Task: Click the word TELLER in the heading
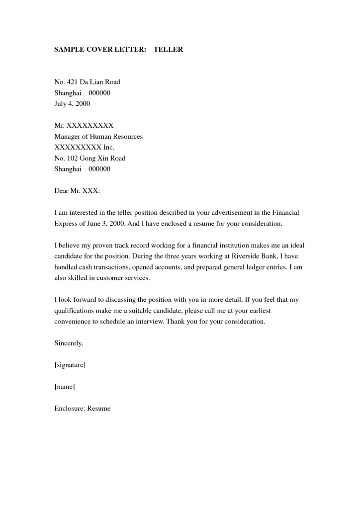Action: coord(168,50)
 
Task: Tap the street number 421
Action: coord(72,82)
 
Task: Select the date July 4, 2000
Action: coord(72,104)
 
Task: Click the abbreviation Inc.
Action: coord(108,148)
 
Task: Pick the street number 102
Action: coord(72,159)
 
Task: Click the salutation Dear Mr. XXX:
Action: coord(77,191)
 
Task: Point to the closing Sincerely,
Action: coord(69,343)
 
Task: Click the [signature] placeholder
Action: coord(70,365)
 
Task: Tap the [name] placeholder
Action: coord(65,387)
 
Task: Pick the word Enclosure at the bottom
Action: coord(70,409)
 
